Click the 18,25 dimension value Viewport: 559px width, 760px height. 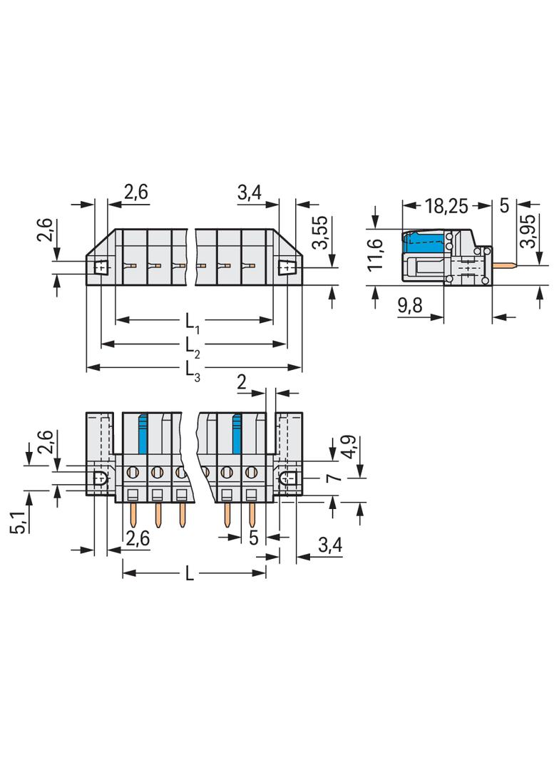446,206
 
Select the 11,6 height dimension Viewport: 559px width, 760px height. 376,255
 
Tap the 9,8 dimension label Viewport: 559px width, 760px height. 410,305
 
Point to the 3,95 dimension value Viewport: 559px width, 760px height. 528,231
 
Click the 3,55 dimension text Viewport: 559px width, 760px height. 320,232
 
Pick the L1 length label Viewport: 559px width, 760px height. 192,322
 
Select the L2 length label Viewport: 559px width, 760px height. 192,346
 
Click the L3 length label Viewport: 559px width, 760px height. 192,370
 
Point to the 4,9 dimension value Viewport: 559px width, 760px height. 349,447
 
